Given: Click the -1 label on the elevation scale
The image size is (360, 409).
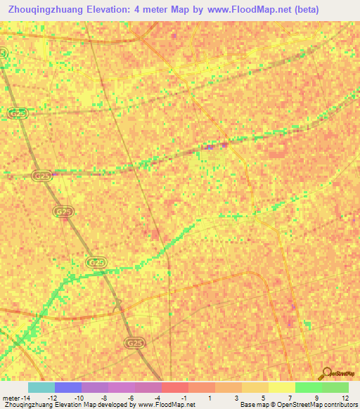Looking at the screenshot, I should point(184,397).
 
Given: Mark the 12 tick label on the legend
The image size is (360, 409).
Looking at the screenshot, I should point(345,397).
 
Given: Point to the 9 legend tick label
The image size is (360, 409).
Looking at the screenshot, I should point(317,397).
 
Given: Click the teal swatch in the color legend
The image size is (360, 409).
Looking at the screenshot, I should point(41,387).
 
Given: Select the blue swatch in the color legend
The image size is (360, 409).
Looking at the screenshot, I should point(68,387).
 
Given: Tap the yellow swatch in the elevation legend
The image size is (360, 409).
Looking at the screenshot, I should point(282,387).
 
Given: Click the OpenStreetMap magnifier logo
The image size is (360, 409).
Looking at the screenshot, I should point(326,373).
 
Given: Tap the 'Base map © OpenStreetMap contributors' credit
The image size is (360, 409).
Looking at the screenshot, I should point(297,405).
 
